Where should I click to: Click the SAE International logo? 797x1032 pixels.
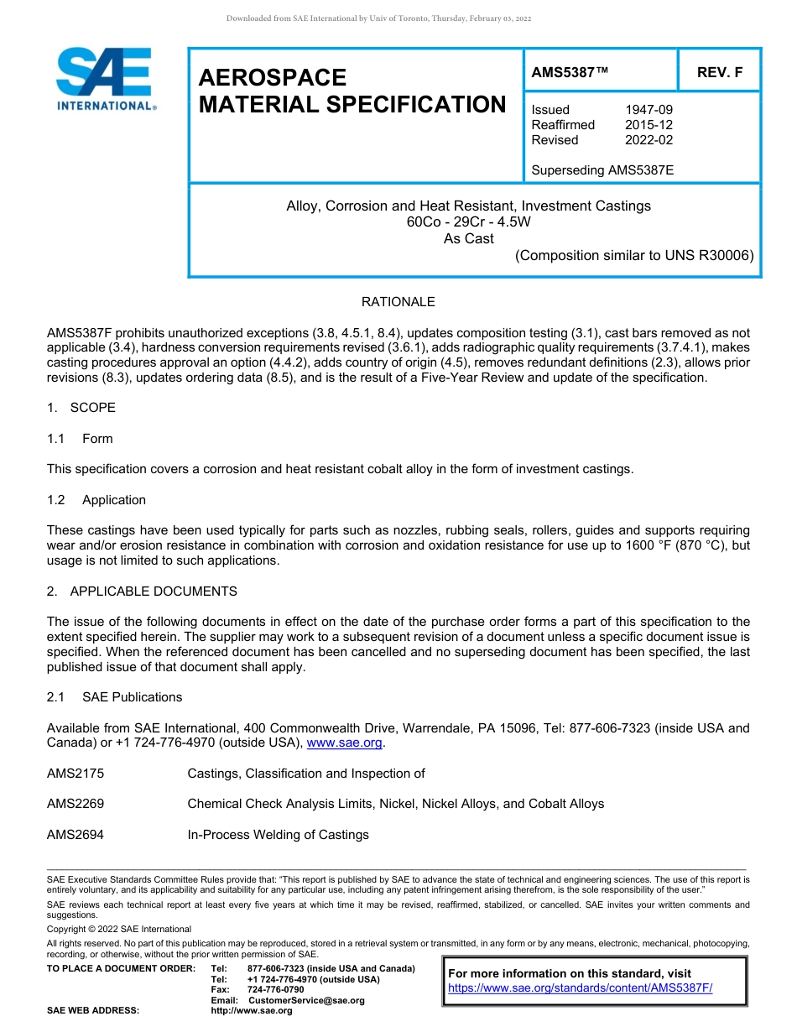[105, 80]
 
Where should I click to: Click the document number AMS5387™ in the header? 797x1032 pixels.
[570, 73]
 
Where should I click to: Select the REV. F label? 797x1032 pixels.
[720, 73]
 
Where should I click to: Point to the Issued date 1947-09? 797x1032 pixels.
[649, 110]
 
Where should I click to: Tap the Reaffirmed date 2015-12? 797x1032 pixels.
[649, 125]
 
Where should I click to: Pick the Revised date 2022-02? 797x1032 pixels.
[649, 140]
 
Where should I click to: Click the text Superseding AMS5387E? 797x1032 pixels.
[602, 170]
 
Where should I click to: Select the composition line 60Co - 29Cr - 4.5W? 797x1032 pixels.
[468, 222]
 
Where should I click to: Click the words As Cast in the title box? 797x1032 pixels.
[468, 238]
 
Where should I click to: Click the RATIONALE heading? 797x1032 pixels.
[398, 302]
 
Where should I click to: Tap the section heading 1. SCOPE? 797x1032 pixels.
[81, 408]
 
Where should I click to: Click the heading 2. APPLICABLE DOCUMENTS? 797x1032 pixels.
[142, 592]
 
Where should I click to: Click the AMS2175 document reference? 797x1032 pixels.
[76, 774]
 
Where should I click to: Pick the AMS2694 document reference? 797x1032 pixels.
[76, 835]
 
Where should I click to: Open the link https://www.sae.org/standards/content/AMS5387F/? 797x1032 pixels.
[580, 988]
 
